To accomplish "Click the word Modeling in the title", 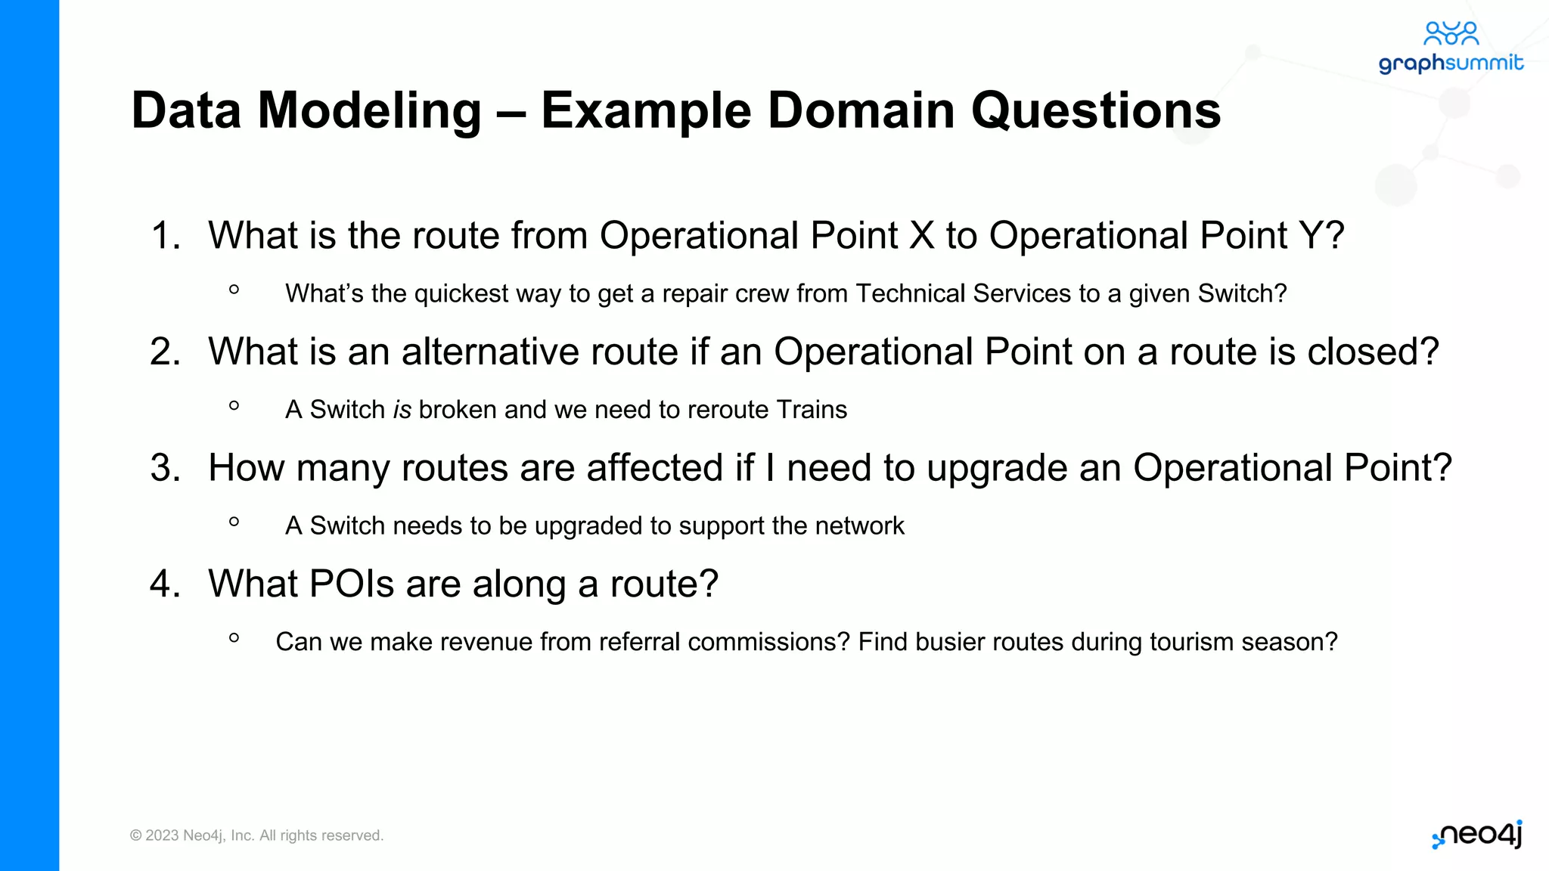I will (x=369, y=111).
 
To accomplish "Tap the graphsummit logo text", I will (x=1451, y=64).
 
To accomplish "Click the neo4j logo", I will (x=1478, y=835).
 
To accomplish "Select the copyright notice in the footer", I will (x=257, y=835).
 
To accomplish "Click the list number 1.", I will (x=165, y=235).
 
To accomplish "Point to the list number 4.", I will (x=165, y=584).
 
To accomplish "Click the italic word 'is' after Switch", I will (x=402, y=410).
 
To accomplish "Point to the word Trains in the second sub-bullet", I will (x=812, y=410).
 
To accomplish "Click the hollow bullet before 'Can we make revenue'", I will (x=234, y=638).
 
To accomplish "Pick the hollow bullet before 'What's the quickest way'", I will (x=234, y=290).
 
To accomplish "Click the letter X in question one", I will (x=921, y=235).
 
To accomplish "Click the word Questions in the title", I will (x=1095, y=111).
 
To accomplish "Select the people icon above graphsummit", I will (x=1451, y=33).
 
